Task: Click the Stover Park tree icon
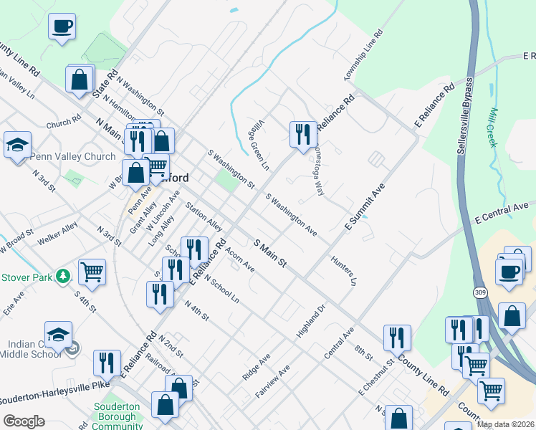(64, 276)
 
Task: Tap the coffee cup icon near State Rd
(62, 27)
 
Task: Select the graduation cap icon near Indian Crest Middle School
(59, 335)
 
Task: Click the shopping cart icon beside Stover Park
(92, 272)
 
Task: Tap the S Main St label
(270, 254)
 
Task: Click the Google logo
(24, 421)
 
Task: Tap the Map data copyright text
(505, 424)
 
